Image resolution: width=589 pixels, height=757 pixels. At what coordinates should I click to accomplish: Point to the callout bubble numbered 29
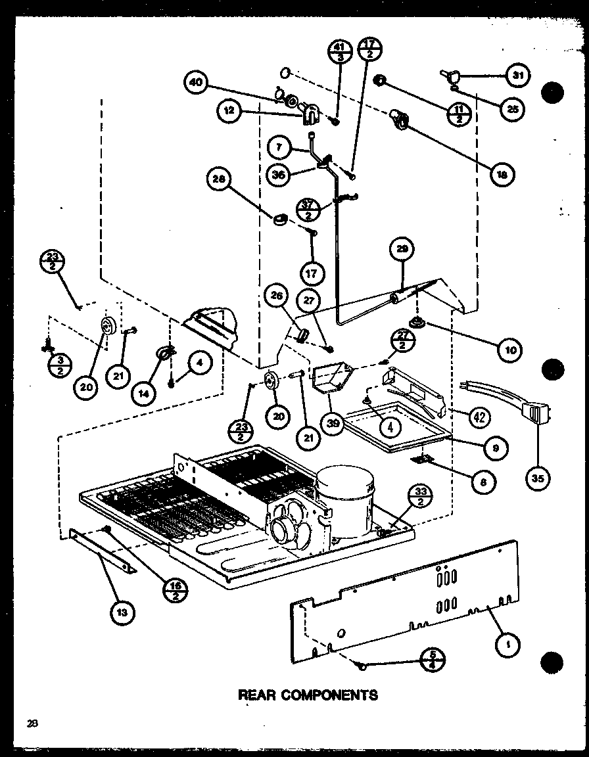tap(402, 250)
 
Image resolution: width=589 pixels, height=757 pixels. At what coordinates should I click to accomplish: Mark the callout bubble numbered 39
tap(334, 424)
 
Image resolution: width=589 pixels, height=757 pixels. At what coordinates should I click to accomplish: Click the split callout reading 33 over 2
tap(421, 497)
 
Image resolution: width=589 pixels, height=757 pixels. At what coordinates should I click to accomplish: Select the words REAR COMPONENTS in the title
tap(308, 695)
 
